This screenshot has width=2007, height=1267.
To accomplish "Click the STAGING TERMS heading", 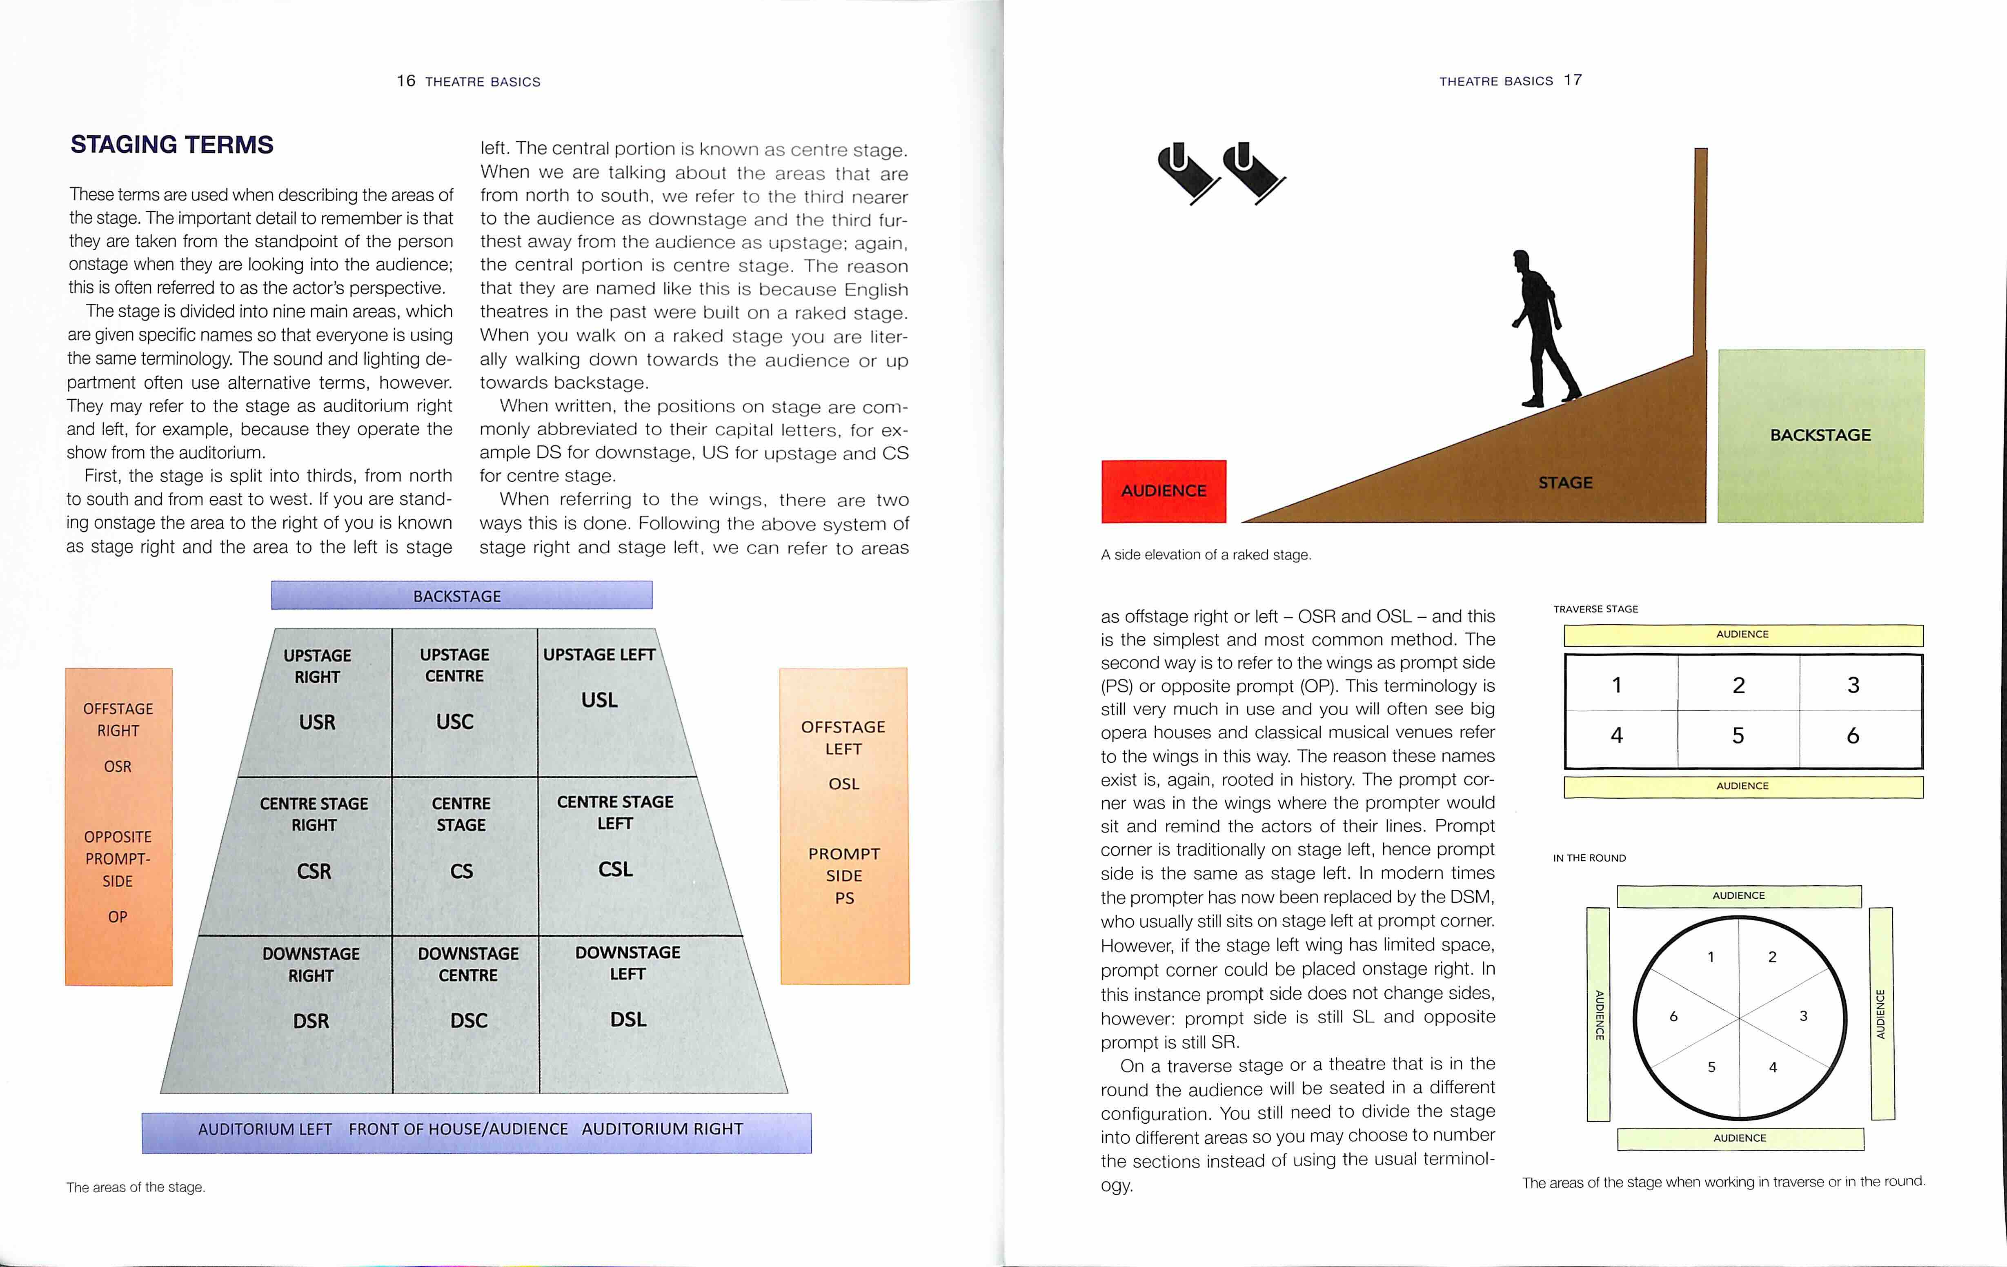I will [x=172, y=145].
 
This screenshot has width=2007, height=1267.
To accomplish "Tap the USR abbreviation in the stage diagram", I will [x=317, y=722].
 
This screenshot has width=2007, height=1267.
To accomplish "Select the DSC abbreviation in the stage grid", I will [x=468, y=1020].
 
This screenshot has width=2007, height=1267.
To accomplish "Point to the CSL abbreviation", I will [x=615, y=869].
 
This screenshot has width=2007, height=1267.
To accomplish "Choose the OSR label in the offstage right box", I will [x=118, y=766].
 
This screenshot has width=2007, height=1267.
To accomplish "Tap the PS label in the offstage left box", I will [x=844, y=898].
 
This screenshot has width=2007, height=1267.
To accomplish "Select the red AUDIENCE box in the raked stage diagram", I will [x=1164, y=491].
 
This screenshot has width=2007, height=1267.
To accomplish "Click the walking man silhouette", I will [x=1542, y=329].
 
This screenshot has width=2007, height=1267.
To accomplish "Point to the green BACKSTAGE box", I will [x=1820, y=435].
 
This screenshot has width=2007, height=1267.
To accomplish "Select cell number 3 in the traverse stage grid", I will [x=1853, y=685].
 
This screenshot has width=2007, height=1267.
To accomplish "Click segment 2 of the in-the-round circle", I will [x=1772, y=957].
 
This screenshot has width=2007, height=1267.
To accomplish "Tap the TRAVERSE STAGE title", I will [x=1595, y=609].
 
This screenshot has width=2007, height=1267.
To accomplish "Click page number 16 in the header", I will [x=406, y=81].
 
